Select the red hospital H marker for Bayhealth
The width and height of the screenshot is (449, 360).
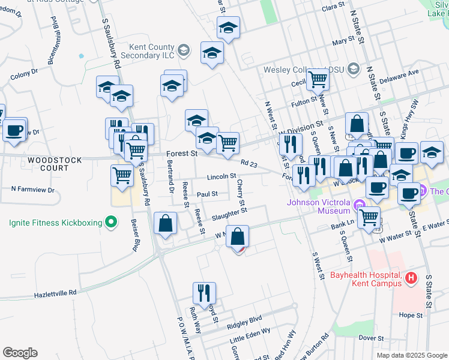(x=411, y=278)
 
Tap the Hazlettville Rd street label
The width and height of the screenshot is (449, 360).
(x=56, y=292)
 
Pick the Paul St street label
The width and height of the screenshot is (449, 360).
(x=206, y=194)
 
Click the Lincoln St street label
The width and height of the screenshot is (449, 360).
(x=221, y=176)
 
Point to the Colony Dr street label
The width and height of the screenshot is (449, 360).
(x=24, y=76)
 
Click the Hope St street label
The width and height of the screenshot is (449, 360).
(x=411, y=315)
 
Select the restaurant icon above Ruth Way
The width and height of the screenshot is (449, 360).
(x=204, y=293)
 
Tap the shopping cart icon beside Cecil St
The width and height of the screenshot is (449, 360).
(x=318, y=79)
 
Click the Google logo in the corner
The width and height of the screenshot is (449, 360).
(x=20, y=353)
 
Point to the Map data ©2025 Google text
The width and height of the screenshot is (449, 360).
(x=411, y=355)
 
